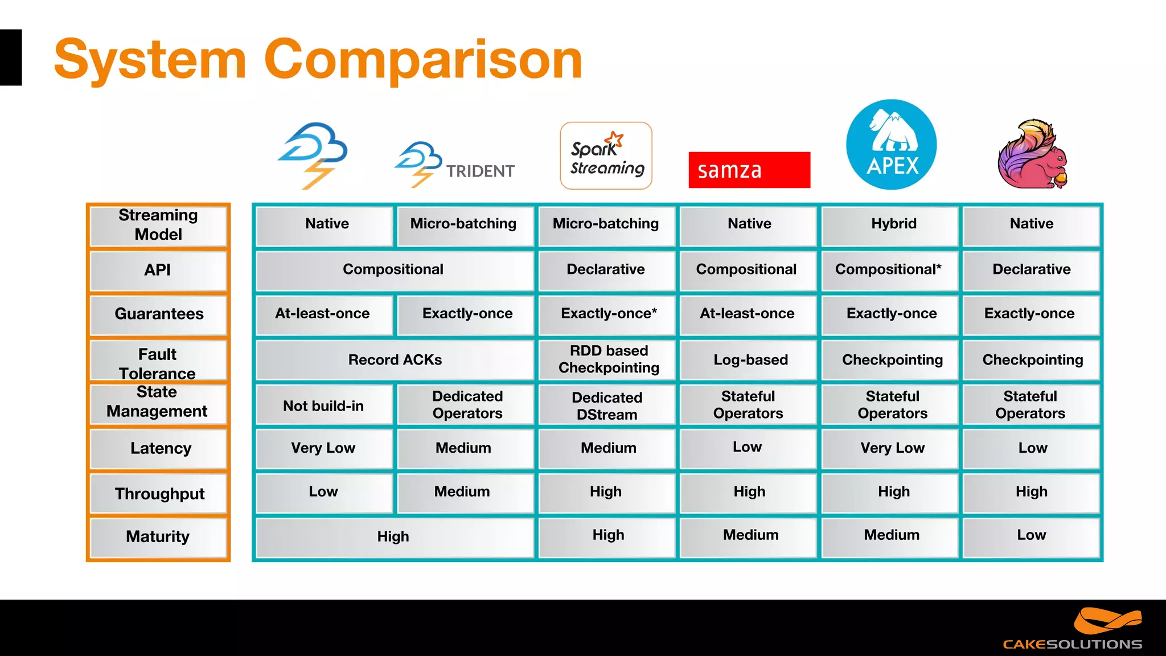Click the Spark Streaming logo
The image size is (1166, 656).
pyautogui.click(x=606, y=155)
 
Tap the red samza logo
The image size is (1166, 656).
pyautogui.click(x=749, y=170)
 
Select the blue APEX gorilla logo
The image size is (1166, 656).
pyautogui.click(x=891, y=145)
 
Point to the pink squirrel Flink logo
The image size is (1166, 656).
pyautogui.click(x=1032, y=154)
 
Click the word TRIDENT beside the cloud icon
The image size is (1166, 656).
pyautogui.click(x=480, y=171)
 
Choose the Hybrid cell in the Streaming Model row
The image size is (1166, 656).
pyautogui.click(x=893, y=224)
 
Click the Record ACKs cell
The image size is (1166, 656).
pyautogui.click(x=395, y=360)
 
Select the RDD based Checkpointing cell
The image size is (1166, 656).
pyautogui.click(x=608, y=359)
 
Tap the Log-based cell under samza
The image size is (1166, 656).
pyautogui.click(x=750, y=360)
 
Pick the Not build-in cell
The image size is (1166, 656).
pyautogui.click(x=323, y=406)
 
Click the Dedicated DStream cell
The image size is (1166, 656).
pyautogui.click(x=607, y=406)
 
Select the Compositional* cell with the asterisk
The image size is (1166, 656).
pyautogui.click(x=888, y=269)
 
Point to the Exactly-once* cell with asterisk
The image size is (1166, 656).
pyautogui.click(x=608, y=314)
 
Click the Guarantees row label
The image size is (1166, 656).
pyautogui.click(x=159, y=314)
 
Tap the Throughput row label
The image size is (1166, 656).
pyautogui.click(x=159, y=494)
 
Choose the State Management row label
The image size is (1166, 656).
pyautogui.click(x=157, y=402)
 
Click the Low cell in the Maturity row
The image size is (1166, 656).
pyautogui.click(x=1031, y=535)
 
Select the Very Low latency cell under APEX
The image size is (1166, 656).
pyautogui.click(x=892, y=448)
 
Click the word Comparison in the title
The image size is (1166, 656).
pyautogui.click(x=423, y=60)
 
